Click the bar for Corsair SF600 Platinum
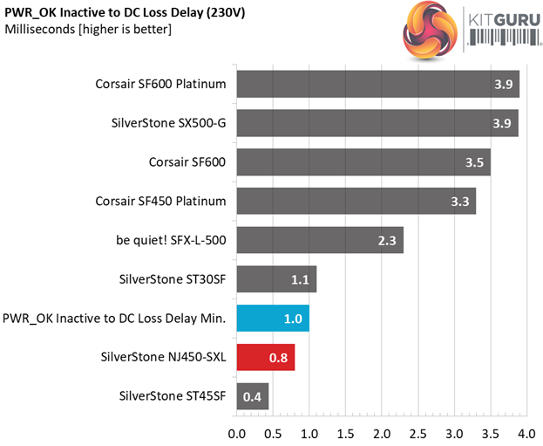click(377, 85)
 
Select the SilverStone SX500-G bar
click(377, 123)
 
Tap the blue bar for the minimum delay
click(273, 319)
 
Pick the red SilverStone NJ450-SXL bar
click(265, 357)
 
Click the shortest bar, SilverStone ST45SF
click(252, 396)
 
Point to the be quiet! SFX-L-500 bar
click(320, 241)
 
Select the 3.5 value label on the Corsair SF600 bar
click(472, 162)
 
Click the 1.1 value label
click(300, 279)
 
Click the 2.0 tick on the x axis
click(381, 432)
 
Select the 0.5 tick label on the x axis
click(272, 432)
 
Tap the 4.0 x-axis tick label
click(525, 432)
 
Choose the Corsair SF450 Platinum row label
click(161, 202)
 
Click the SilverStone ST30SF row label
click(173, 279)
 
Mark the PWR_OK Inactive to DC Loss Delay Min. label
click(115, 319)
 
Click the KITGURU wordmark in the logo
click(504, 19)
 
